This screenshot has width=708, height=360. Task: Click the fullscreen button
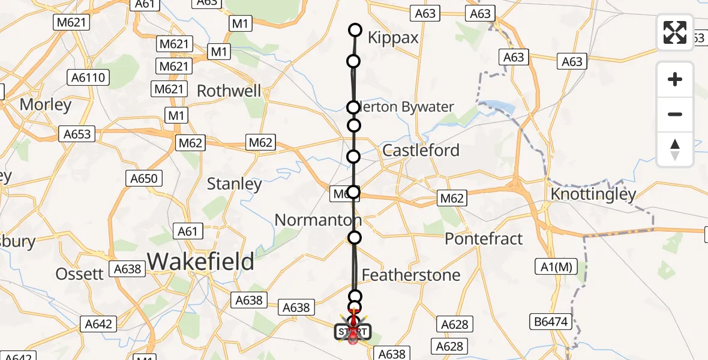pos(675,32)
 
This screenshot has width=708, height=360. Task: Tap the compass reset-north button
pos(675,149)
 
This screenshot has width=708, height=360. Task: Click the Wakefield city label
pos(201,262)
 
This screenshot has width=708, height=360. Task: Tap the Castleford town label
pos(421,150)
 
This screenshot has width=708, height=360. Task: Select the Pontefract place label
pos(484,239)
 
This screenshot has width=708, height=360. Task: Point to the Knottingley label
pos(593,194)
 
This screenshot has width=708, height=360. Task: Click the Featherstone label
pos(411,275)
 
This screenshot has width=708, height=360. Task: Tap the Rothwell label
pos(229,91)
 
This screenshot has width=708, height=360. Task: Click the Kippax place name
pos(393,38)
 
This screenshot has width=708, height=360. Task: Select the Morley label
pos(46,104)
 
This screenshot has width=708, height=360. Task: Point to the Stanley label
pos(234,184)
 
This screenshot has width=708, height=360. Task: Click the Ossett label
pos(80,274)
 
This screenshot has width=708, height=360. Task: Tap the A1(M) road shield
pos(553,267)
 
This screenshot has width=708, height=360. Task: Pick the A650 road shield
pos(143,178)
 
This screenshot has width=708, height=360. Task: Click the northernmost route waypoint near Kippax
pos(355,30)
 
